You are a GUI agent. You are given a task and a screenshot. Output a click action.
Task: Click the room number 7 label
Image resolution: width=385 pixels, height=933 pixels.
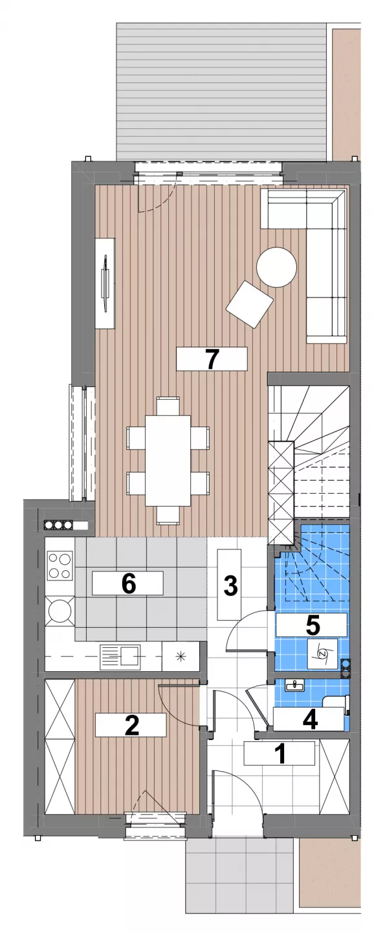click(x=212, y=359)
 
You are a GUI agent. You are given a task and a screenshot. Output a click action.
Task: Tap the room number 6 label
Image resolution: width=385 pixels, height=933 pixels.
click(x=129, y=583)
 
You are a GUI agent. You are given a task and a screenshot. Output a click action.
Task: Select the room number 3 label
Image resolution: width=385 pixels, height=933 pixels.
click(x=230, y=585)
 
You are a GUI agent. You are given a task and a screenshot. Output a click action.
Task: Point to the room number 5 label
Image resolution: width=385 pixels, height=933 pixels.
click(x=313, y=625)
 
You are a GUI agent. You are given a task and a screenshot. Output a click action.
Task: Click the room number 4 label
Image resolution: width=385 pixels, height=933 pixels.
click(x=311, y=719)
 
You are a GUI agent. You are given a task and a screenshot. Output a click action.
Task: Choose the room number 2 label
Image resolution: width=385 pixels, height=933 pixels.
click(x=131, y=725)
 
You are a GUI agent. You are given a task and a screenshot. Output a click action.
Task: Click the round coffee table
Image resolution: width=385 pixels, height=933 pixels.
click(x=276, y=267)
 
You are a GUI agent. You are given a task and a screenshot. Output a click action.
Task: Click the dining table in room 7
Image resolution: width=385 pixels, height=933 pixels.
click(x=168, y=460)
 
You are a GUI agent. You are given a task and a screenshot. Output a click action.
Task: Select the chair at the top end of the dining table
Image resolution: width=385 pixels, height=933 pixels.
click(x=168, y=406)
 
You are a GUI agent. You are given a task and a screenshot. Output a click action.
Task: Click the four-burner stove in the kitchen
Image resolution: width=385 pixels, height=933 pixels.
click(x=59, y=565)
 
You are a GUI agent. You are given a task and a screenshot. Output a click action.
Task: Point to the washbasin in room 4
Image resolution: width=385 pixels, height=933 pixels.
click(x=295, y=684)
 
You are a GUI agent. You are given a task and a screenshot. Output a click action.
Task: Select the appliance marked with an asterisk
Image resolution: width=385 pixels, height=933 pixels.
click(x=180, y=656)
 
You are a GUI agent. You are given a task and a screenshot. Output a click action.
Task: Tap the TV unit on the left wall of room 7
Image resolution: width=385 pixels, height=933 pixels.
click(x=105, y=283)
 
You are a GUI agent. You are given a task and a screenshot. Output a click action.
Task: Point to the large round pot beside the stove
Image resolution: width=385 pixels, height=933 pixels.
click(x=60, y=610)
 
